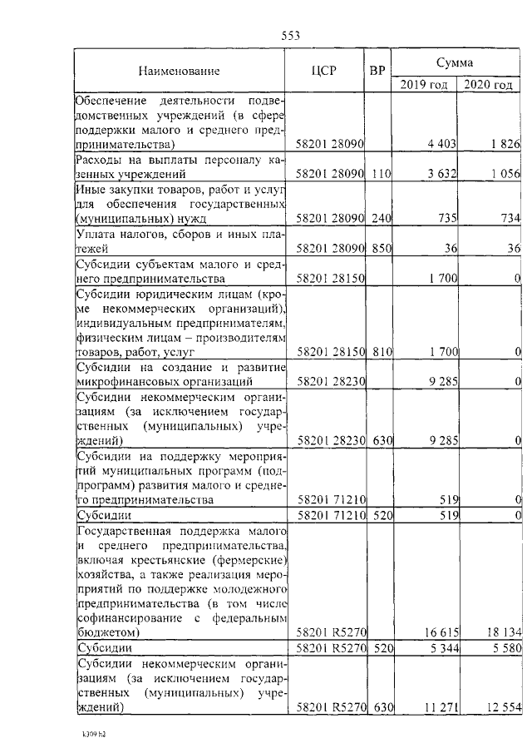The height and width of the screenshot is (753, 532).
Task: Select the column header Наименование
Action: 180,70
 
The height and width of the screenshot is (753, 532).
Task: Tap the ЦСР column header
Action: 323,70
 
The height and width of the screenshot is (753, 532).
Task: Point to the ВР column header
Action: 377,70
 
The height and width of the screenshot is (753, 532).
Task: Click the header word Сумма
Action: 456,62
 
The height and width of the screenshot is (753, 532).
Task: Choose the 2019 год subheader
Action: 424,84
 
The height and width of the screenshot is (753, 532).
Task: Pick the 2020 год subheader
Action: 488,84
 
